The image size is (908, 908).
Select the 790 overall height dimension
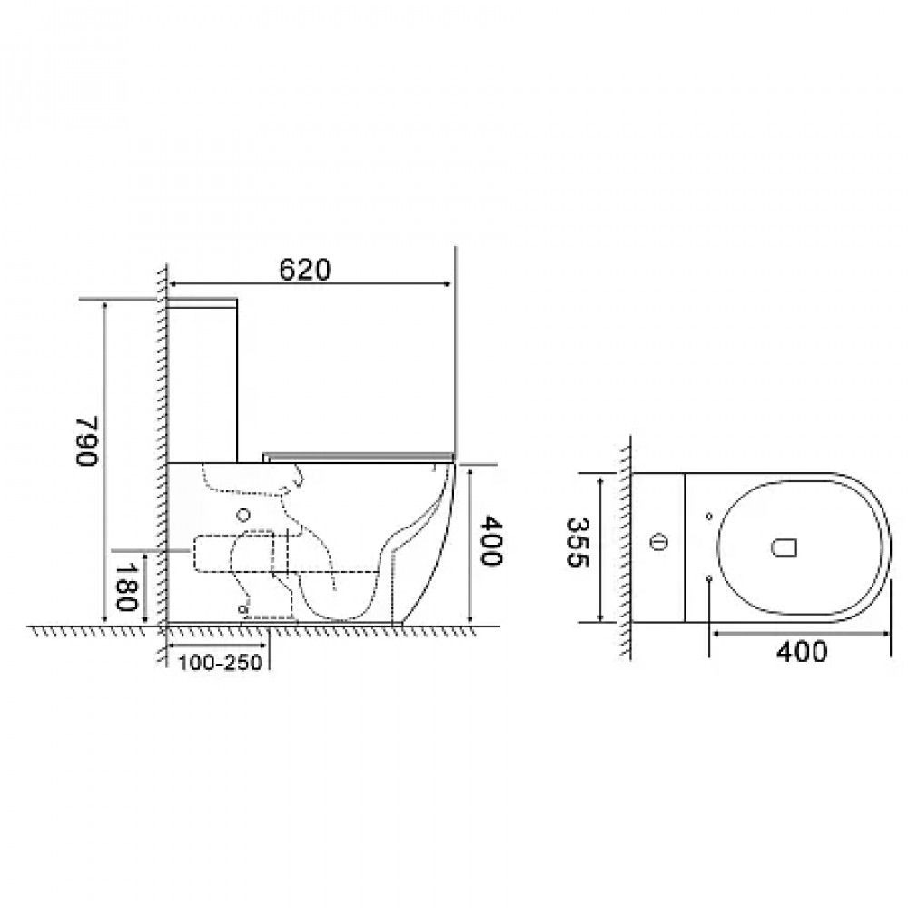tap(87, 440)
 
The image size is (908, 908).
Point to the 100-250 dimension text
tap(220, 662)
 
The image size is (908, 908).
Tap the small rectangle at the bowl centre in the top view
tap(785, 548)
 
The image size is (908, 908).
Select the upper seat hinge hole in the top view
tap(709, 517)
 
